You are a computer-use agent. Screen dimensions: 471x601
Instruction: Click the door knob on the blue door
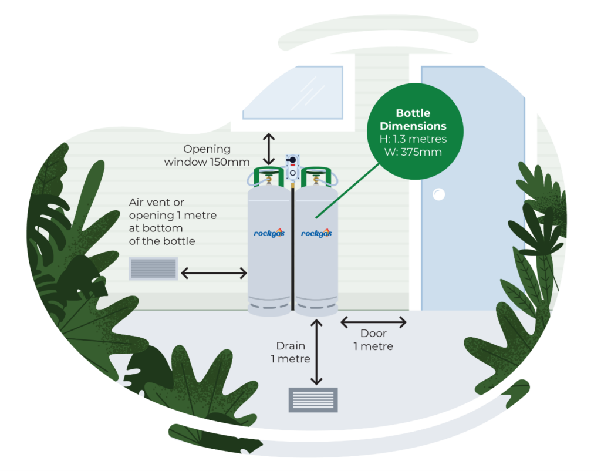438,194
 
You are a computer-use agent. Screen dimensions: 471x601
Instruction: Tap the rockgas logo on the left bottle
269,233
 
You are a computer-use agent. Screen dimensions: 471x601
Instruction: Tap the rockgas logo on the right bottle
316,233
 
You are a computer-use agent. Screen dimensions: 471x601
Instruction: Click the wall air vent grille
153,268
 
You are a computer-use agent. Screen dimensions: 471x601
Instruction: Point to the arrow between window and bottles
269,149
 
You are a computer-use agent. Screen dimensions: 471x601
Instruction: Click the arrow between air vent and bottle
214,272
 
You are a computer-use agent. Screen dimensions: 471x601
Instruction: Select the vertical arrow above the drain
317,352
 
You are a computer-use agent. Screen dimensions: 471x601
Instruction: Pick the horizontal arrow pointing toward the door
373,322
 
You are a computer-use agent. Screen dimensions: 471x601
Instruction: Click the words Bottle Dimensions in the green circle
413,119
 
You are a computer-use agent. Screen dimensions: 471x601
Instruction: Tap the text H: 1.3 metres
413,139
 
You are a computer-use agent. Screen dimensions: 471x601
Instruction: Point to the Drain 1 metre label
290,352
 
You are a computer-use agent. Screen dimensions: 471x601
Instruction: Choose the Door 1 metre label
373,340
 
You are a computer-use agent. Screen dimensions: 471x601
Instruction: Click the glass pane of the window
293,93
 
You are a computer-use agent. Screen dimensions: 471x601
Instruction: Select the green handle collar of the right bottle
318,176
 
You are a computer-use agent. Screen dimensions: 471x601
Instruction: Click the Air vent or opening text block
173,221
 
